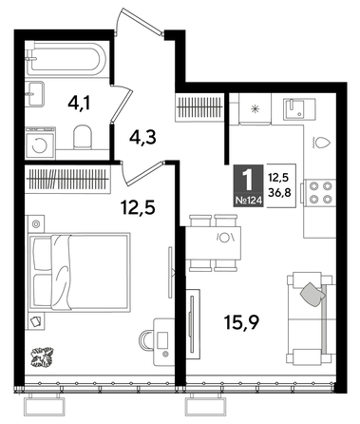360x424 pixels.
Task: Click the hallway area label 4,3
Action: coord(142,136)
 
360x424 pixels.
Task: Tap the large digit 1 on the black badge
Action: coord(248,179)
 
